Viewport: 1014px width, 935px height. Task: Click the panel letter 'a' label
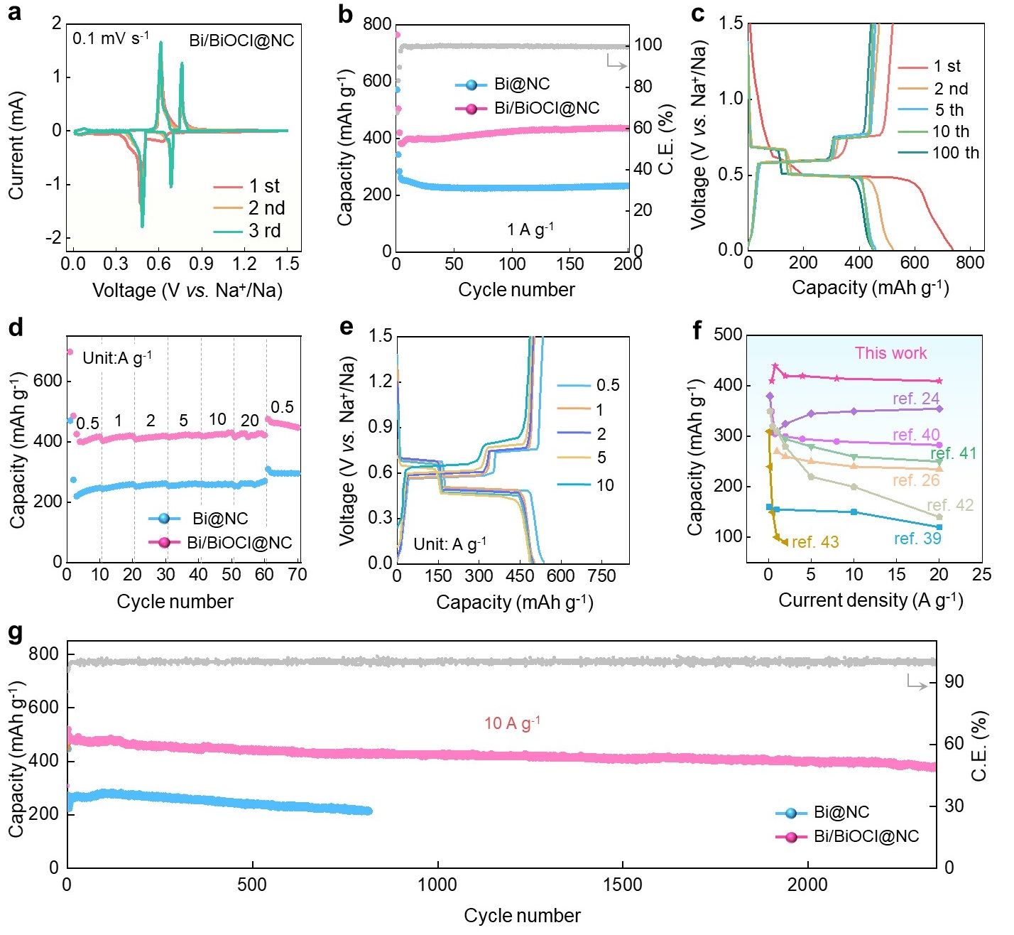[x=13, y=13]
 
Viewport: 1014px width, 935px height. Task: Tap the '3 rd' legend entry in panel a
[x=263, y=231]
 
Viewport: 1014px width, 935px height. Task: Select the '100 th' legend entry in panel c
[x=955, y=153]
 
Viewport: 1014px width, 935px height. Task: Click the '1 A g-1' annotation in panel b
[x=530, y=229]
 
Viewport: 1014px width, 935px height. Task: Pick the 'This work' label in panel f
[x=890, y=353]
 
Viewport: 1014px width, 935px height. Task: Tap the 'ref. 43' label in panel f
[x=815, y=542]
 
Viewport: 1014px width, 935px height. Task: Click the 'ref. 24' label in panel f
[x=916, y=399]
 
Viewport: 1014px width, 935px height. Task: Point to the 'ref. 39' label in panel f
[x=917, y=539]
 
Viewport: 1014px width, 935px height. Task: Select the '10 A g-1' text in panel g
[x=512, y=723]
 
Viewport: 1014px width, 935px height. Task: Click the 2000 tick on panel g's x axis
[x=808, y=885]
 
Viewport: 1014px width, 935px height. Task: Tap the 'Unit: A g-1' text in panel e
[x=449, y=544]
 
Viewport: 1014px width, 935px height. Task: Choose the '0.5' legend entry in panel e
[x=607, y=385]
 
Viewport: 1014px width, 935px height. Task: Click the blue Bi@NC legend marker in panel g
[x=791, y=812]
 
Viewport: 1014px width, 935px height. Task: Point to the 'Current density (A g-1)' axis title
[x=871, y=600]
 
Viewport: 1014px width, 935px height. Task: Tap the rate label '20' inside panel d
[x=250, y=421]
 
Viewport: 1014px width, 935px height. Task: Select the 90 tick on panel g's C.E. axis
[x=954, y=682]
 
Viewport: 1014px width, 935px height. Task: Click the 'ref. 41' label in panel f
[x=953, y=453]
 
